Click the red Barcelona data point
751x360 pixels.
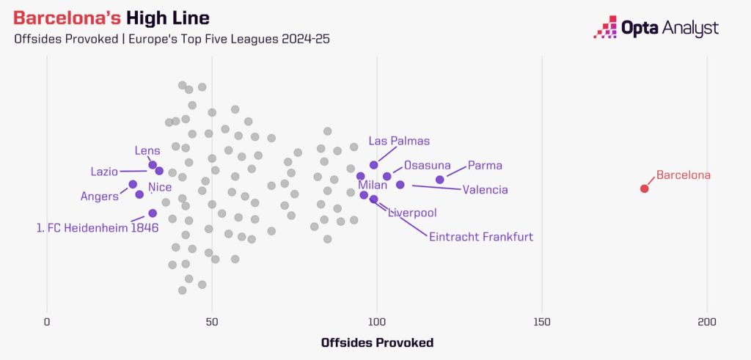[644, 188]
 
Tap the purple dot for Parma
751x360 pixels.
[440, 180]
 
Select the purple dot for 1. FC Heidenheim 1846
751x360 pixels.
[153, 213]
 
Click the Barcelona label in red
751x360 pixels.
[684, 175]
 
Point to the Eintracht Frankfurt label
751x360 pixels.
[481, 237]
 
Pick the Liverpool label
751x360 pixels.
[412, 213]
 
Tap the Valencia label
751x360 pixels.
[486, 190]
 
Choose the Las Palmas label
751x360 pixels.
[399, 141]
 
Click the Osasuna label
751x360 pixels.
[428, 166]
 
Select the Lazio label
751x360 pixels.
[104, 172]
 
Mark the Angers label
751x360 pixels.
[100, 196]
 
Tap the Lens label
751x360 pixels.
[147, 150]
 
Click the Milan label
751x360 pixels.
[373, 184]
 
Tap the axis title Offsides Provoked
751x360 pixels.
[377, 342]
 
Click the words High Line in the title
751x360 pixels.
[167, 18]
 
